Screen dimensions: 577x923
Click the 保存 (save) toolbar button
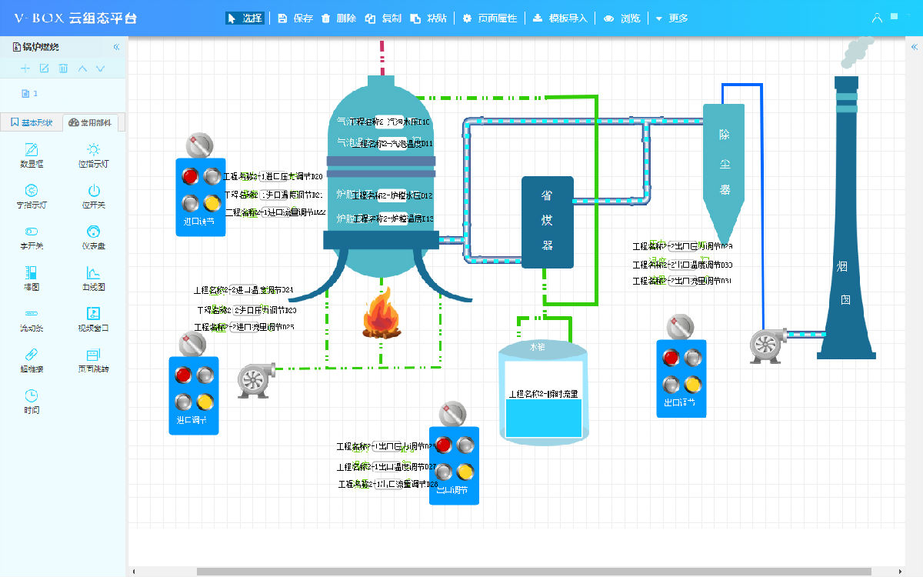295,18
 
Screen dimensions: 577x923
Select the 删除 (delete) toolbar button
339,18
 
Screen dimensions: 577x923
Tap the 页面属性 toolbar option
490,18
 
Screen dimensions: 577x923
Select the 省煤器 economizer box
548,222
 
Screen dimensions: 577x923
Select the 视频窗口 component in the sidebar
94,319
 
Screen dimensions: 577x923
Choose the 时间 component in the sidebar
32,401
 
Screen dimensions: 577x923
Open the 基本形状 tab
32,122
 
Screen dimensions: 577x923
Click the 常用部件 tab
94,122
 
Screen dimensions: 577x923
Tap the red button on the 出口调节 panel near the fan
671,358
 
